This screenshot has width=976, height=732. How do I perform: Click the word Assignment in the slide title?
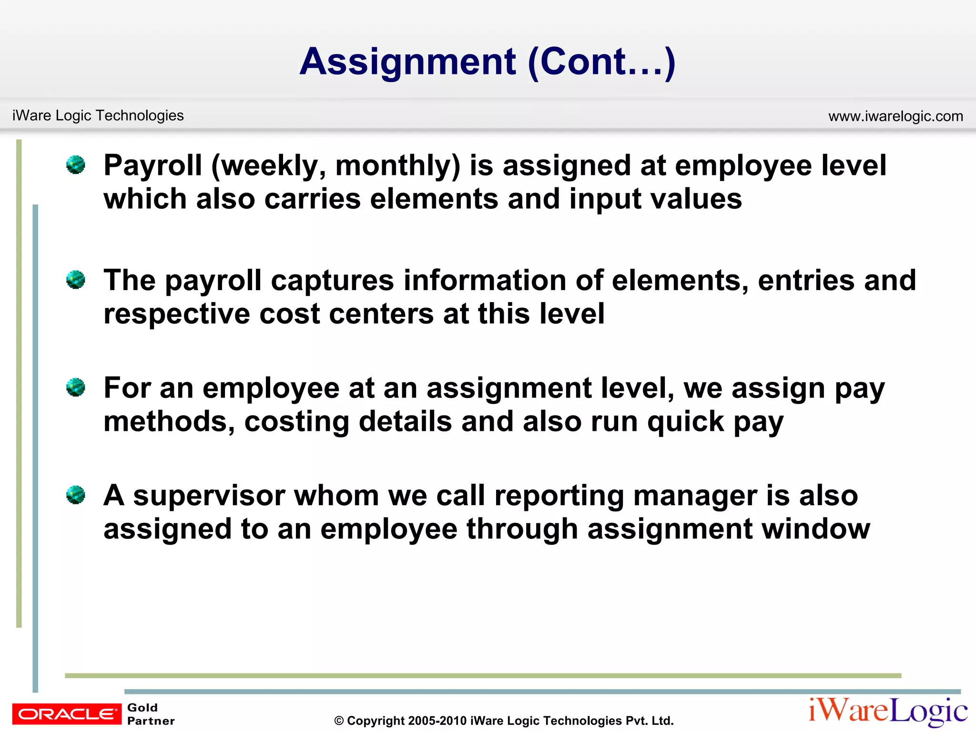click(407, 62)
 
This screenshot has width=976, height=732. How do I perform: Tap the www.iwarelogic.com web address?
click(895, 116)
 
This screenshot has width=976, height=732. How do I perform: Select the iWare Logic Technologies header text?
click(98, 115)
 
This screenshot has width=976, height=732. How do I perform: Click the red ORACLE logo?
click(67, 714)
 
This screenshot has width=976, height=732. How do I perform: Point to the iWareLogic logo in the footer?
click(888, 711)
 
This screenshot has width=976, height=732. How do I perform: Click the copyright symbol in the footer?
click(339, 721)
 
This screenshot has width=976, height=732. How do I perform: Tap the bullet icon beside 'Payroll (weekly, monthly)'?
click(76, 165)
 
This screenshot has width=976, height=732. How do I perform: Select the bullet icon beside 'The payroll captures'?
click(76, 280)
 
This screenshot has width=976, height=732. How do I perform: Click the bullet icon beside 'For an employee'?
click(76, 387)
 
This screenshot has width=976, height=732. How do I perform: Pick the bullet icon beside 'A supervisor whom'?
click(76, 495)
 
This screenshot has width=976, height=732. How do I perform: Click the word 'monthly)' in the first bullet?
click(398, 166)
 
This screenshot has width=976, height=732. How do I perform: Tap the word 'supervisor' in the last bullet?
click(209, 496)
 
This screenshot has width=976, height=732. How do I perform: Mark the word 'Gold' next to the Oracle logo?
click(142, 708)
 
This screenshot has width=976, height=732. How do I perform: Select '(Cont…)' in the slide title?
click(601, 62)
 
